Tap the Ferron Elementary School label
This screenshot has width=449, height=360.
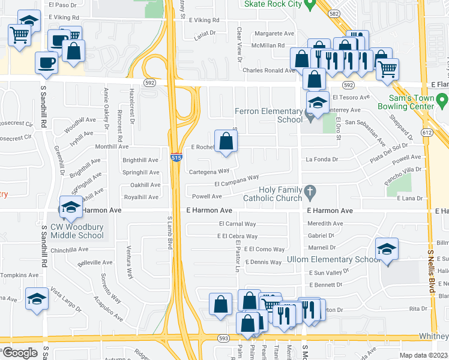click(x=268, y=115)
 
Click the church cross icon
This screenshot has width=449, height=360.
click(x=310, y=193)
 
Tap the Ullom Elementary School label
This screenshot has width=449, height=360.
click(x=325, y=259)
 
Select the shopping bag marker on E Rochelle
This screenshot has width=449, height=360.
click(x=226, y=143)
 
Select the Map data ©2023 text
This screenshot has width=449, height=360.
click(x=424, y=355)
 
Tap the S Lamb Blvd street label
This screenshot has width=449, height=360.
click(x=170, y=233)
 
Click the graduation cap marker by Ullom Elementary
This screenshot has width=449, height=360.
click(x=387, y=250)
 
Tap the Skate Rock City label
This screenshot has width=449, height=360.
click(x=271, y=4)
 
